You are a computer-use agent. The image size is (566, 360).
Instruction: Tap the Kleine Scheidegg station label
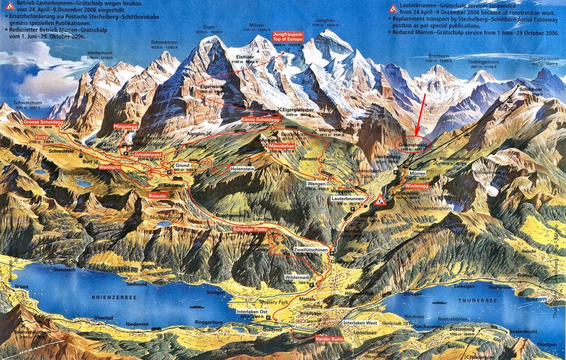point(260,119)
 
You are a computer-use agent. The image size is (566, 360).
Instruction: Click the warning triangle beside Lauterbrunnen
point(380,200)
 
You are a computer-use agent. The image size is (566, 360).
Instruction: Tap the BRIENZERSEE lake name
point(114,298)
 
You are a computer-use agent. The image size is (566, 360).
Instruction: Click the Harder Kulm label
point(329,339)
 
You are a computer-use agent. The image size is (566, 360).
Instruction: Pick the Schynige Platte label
point(249,229)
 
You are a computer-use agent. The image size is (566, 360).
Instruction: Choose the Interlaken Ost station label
point(252,311)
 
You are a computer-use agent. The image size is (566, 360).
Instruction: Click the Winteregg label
point(416,185)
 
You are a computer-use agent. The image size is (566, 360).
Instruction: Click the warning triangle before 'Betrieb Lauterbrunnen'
point(9,6)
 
